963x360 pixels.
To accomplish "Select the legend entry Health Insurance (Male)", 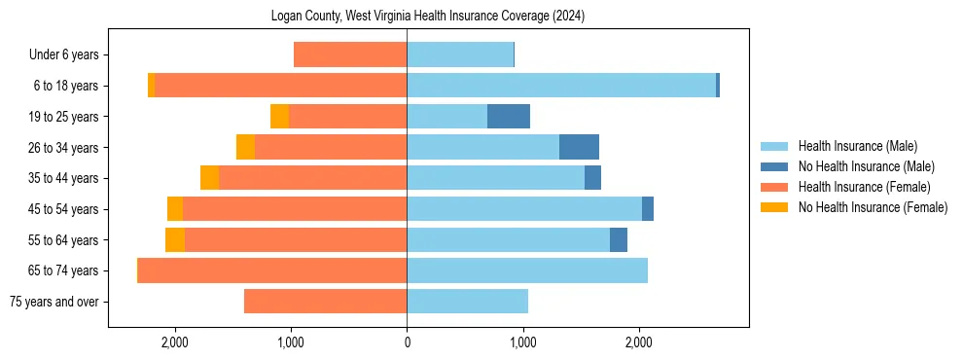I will [x=857, y=146].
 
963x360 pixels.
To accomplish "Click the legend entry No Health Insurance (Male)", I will [x=866, y=166].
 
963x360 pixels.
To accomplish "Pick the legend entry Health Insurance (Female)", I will [x=864, y=187].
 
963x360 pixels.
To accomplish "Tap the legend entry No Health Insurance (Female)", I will [x=873, y=207].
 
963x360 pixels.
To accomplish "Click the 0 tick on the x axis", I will [x=407, y=342].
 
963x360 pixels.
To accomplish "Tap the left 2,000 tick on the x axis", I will [x=175, y=342].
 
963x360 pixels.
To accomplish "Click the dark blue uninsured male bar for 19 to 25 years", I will [x=509, y=117].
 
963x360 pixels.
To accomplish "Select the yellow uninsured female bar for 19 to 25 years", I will [x=280, y=117].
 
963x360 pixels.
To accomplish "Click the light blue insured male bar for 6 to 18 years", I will [x=561, y=86].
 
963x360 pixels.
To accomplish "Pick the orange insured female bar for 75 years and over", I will [x=325, y=302].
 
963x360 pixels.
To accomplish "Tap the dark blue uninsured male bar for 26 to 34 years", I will [x=579, y=148].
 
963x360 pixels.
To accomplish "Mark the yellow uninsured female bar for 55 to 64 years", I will [x=175, y=240].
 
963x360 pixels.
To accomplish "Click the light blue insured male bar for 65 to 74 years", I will [x=527, y=270].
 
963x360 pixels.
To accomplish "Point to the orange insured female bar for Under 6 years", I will [x=350, y=55].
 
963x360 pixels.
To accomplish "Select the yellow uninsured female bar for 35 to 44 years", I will [x=209, y=178].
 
